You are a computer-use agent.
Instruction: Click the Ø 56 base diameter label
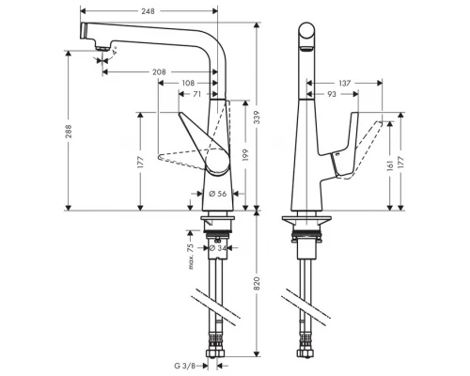[x=216, y=194]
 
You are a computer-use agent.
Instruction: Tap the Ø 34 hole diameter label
[x=217, y=248]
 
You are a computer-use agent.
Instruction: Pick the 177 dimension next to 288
[x=139, y=163]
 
